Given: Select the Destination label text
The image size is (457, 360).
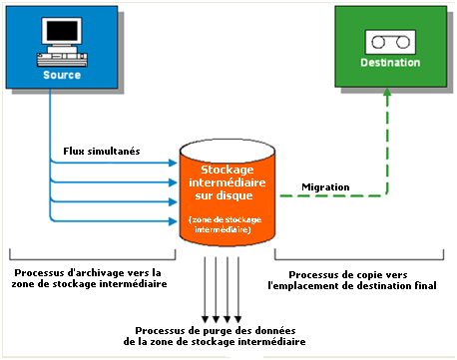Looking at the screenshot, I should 390,65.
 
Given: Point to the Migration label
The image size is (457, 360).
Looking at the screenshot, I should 325,185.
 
